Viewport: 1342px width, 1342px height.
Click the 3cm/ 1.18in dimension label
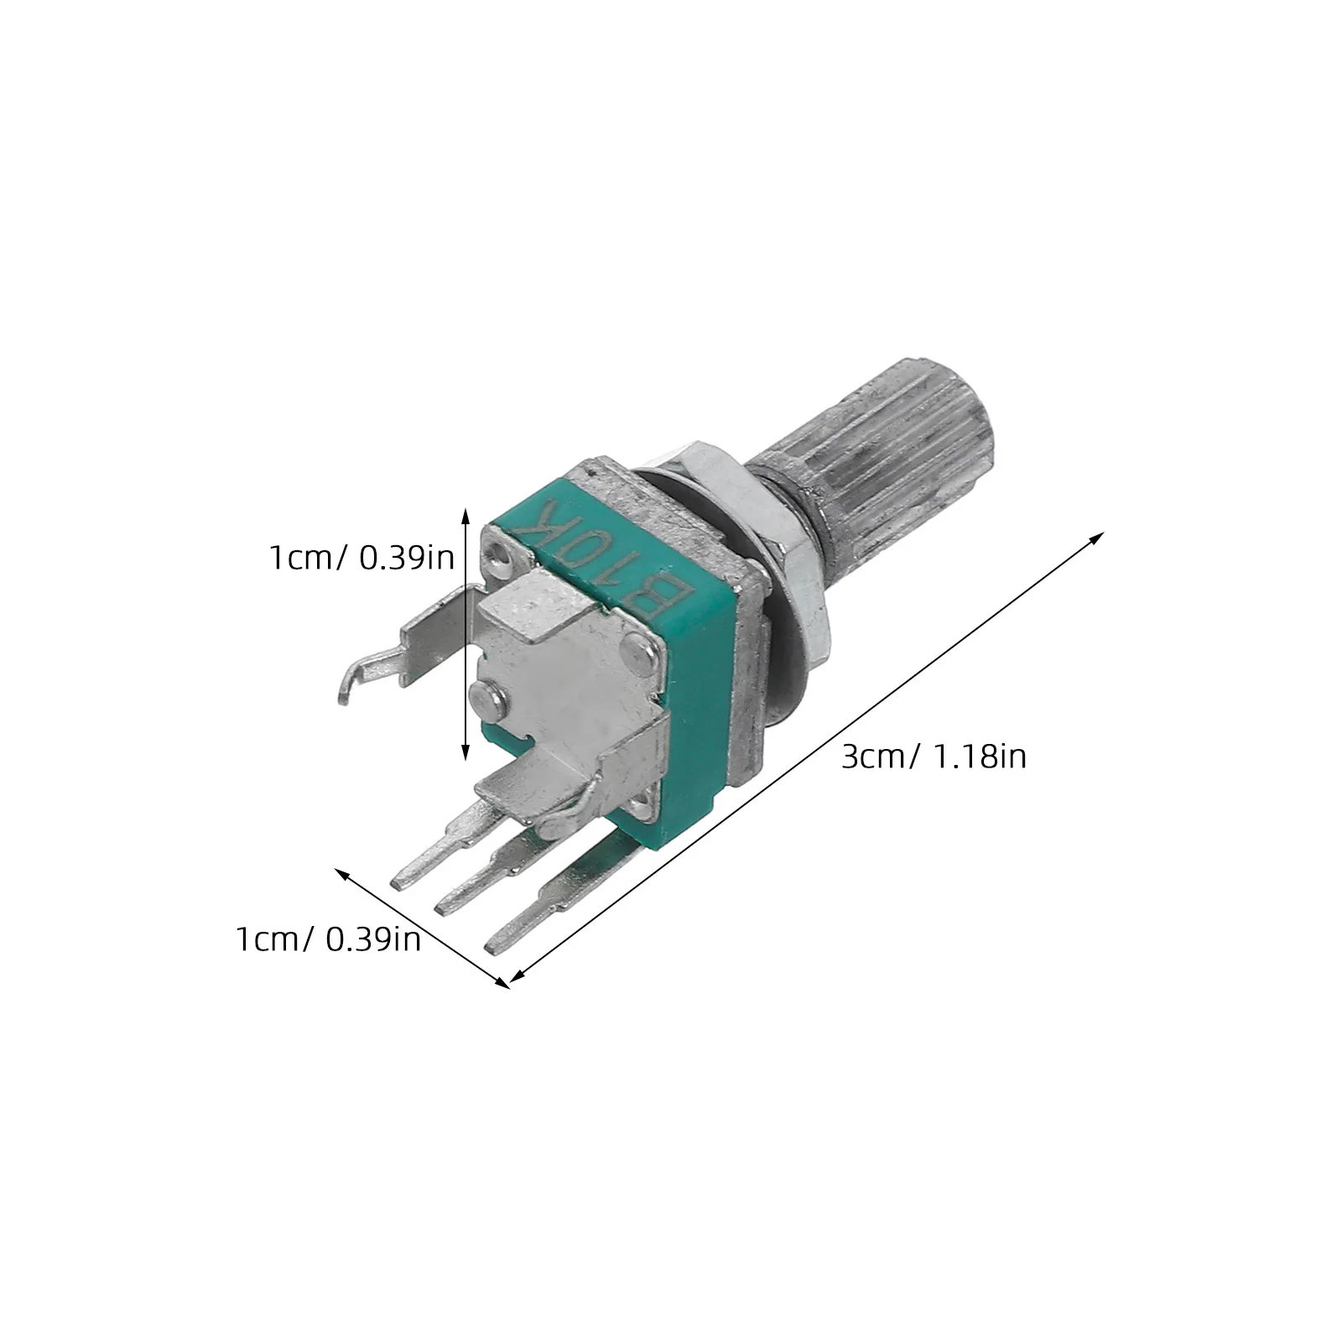tap(934, 757)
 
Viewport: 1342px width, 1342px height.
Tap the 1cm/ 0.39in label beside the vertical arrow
tap(361, 558)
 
